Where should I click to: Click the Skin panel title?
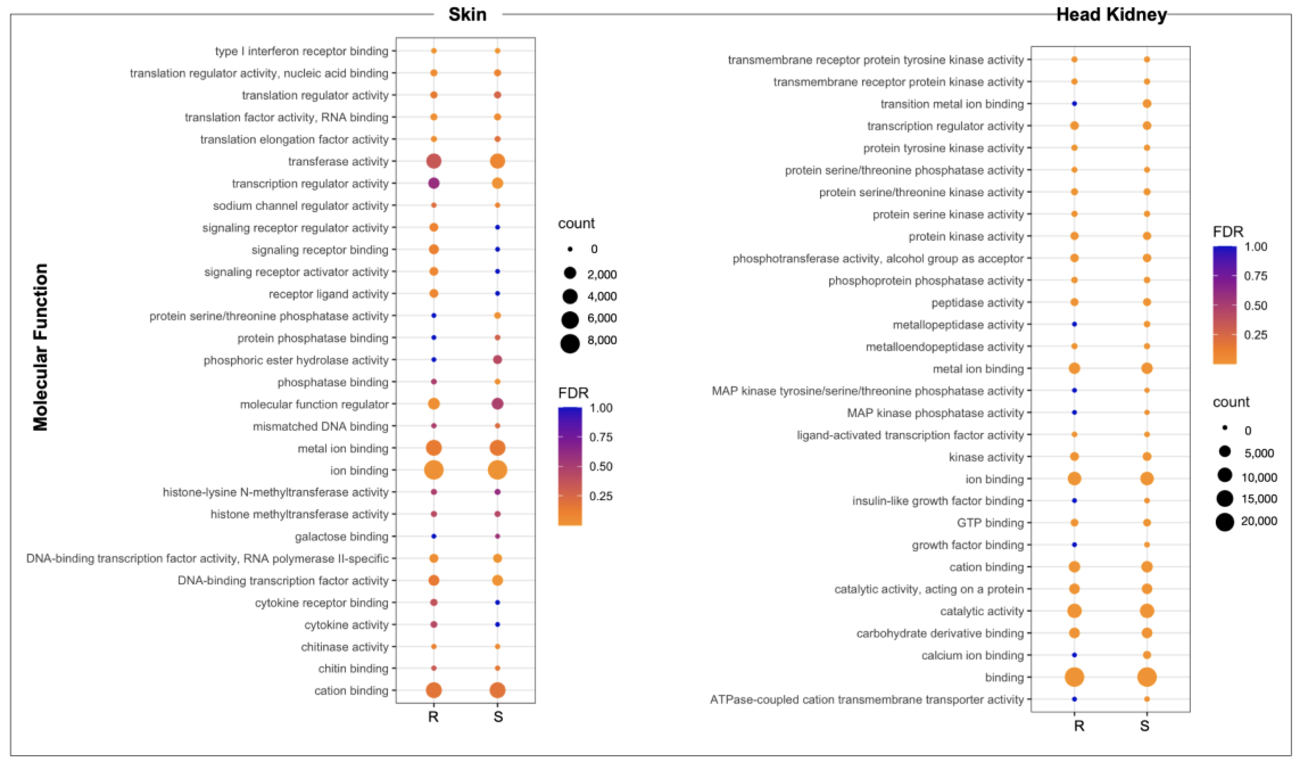click(467, 14)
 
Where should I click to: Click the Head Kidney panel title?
click(1111, 14)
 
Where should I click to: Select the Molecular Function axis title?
click(41, 347)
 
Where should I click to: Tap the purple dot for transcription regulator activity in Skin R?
click(434, 183)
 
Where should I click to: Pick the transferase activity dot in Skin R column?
click(434, 161)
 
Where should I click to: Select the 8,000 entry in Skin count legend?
click(602, 340)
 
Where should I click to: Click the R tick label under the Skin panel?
click(433, 717)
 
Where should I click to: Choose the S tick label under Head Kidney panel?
click(1144, 726)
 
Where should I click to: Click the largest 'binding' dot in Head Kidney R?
click(1074, 677)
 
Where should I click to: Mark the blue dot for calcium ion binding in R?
click(1074, 655)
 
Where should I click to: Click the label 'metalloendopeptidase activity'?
click(944, 347)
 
